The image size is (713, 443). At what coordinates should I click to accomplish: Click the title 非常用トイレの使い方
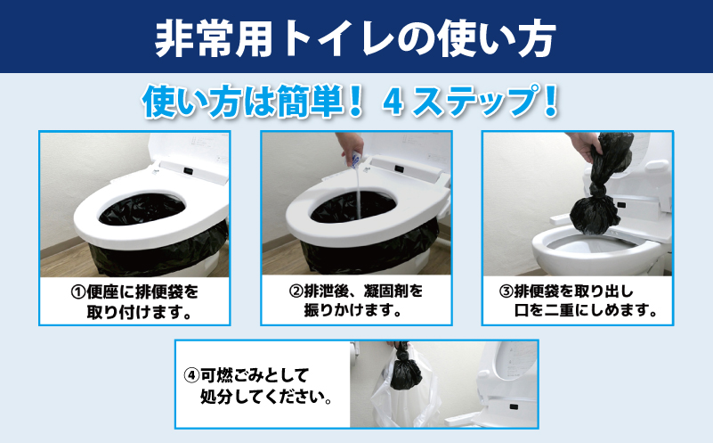(356, 37)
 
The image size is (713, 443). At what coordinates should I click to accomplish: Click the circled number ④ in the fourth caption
(190, 375)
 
